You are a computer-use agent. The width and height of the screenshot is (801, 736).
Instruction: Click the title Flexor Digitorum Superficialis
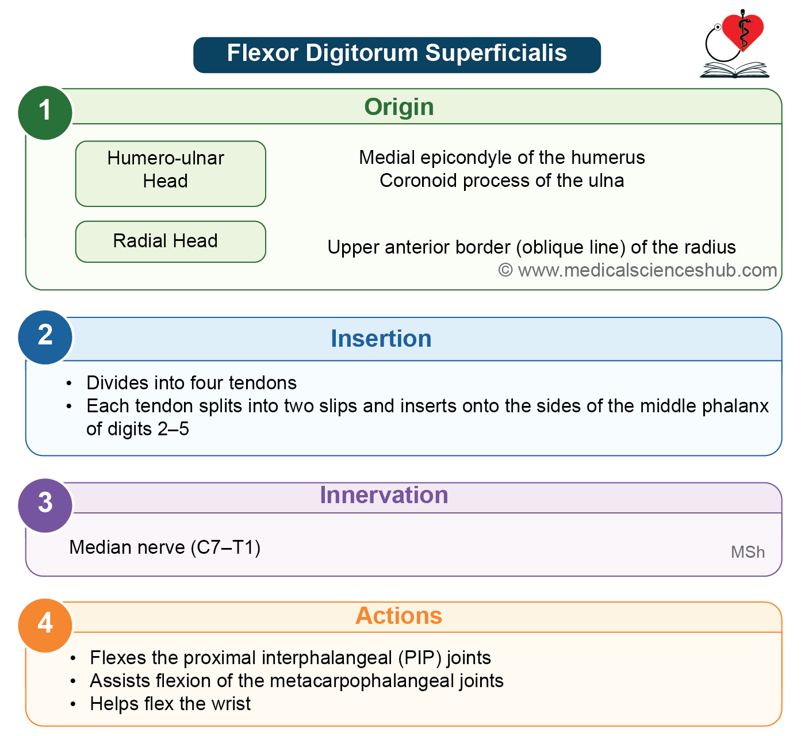click(x=397, y=53)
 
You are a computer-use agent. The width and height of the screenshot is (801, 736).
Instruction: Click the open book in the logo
click(x=735, y=70)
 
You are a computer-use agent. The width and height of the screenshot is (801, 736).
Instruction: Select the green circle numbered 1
click(x=45, y=113)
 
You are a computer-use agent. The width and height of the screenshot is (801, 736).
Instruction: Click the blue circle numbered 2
click(x=45, y=338)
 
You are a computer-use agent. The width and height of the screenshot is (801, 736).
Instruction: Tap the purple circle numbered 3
click(x=45, y=505)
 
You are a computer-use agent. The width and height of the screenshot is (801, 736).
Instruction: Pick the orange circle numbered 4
click(x=45, y=626)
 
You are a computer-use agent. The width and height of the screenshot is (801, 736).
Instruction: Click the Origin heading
click(x=399, y=107)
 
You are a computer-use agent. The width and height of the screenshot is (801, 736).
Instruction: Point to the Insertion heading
click(x=381, y=339)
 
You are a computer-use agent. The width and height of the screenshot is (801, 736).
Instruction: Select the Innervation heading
click(x=384, y=495)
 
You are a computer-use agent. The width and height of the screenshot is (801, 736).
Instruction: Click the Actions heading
click(x=399, y=615)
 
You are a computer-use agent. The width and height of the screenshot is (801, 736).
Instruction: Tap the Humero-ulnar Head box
click(x=171, y=174)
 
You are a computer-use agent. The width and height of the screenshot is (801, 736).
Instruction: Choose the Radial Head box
click(x=171, y=241)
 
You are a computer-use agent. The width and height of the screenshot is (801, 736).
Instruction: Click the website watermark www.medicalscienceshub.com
click(x=647, y=270)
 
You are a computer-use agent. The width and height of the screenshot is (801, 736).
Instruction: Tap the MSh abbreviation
click(x=748, y=552)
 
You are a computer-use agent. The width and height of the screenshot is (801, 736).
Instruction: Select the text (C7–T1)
click(x=225, y=547)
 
